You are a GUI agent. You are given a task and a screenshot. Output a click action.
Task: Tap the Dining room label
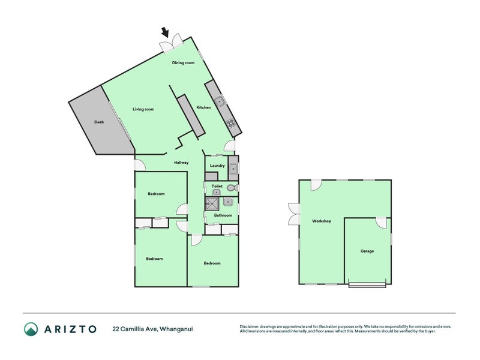183,63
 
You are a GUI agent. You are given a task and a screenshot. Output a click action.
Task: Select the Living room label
143,109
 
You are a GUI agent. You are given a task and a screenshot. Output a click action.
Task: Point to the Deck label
99,122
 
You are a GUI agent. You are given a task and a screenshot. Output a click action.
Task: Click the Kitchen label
203,107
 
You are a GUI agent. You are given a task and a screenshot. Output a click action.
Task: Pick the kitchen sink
220,101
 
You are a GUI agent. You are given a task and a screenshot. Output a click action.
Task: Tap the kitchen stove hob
230,125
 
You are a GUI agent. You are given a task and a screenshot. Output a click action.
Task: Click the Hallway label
181,163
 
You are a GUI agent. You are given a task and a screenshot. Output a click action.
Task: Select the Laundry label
217,166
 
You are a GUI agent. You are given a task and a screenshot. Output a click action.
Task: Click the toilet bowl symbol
231,188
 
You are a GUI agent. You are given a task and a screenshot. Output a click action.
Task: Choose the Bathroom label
223,215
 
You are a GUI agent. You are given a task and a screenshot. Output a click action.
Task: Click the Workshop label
322,221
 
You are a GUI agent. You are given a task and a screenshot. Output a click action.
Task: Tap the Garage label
367,251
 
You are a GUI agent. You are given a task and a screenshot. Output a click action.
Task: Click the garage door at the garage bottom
367,286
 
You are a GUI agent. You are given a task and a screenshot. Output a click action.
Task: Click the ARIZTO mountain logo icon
31,329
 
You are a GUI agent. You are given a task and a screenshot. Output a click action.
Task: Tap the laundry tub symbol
233,169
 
